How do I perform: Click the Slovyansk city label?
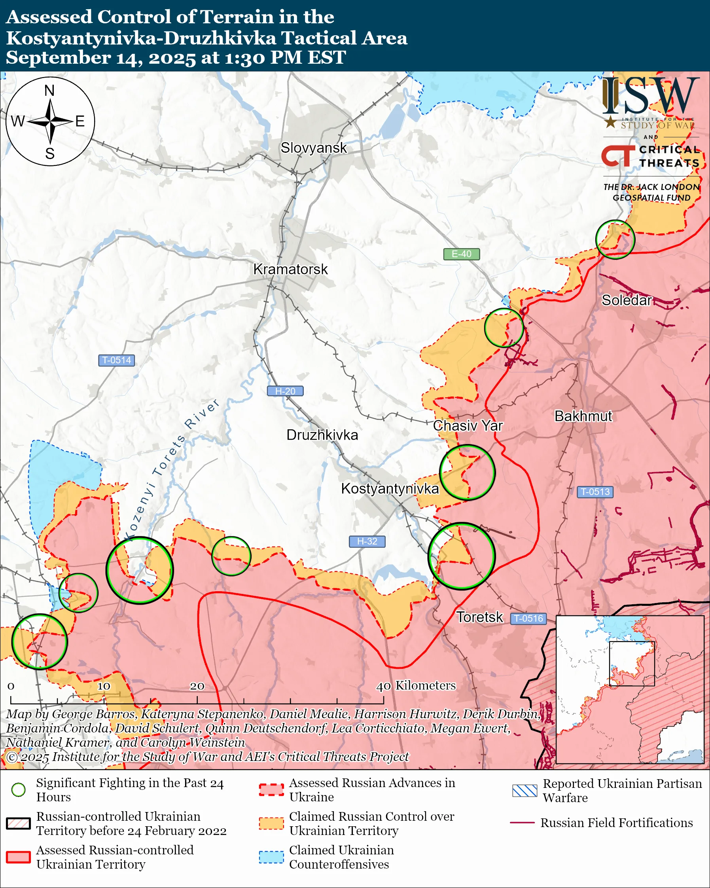tap(314, 148)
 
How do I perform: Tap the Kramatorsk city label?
tap(290, 269)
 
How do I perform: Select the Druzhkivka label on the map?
tap(322, 435)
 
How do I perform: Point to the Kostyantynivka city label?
tap(390, 488)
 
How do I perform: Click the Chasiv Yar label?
tap(468, 425)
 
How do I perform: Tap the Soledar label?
tap(627, 300)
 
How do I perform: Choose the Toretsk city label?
tap(479, 617)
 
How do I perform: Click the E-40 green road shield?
tap(461, 254)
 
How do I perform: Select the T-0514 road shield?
tap(116, 360)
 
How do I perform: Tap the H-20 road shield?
tap(285, 391)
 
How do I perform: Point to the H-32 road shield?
tap(367, 541)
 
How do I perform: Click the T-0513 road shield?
tap(595, 492)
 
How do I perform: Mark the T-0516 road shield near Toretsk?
tap(529, 618)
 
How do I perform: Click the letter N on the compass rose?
tap(49, 91)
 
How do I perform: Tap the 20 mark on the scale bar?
tap(197, 686)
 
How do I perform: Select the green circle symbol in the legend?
tap(19, 789)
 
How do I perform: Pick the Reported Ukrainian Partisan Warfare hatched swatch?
tap(524, 791)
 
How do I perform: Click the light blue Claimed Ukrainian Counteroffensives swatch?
tap(271, 857)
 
